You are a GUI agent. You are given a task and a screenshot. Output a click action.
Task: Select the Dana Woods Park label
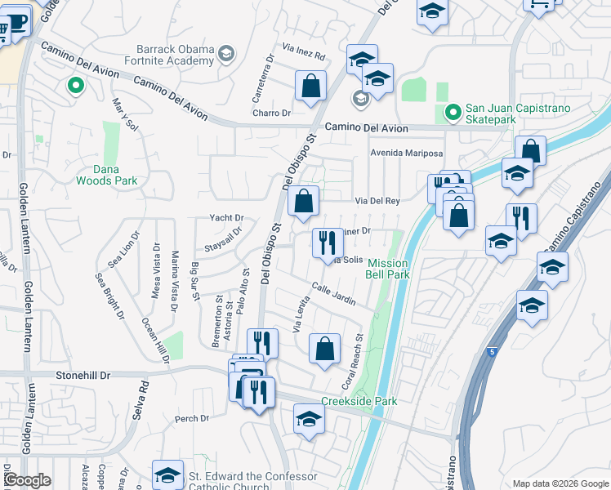click(x=107, y=175)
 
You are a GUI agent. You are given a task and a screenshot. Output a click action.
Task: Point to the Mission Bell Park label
click(x=388, y=269)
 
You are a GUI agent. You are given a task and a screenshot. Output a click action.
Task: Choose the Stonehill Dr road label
click(x=83, y=375)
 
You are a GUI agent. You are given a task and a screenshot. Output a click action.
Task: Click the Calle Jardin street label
click(x=333, y=294)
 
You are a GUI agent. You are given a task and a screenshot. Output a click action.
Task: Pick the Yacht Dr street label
click(x=227, y=218)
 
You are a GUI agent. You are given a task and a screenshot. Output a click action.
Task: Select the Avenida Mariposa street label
click(x=406, y=153)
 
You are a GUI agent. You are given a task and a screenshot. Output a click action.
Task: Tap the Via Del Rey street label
click(x=377, y=200)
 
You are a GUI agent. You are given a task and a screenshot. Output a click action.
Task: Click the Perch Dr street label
click(x=193, y=419)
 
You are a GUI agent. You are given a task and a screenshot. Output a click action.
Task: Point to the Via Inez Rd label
click(x=304, y=56)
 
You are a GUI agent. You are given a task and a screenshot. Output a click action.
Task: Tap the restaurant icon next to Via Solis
click(x=324, y=243)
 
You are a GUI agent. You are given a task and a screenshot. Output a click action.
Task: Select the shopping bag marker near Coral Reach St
click(x=324, y=349)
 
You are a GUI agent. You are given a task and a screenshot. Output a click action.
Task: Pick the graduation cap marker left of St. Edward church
click(x=167, y=474)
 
